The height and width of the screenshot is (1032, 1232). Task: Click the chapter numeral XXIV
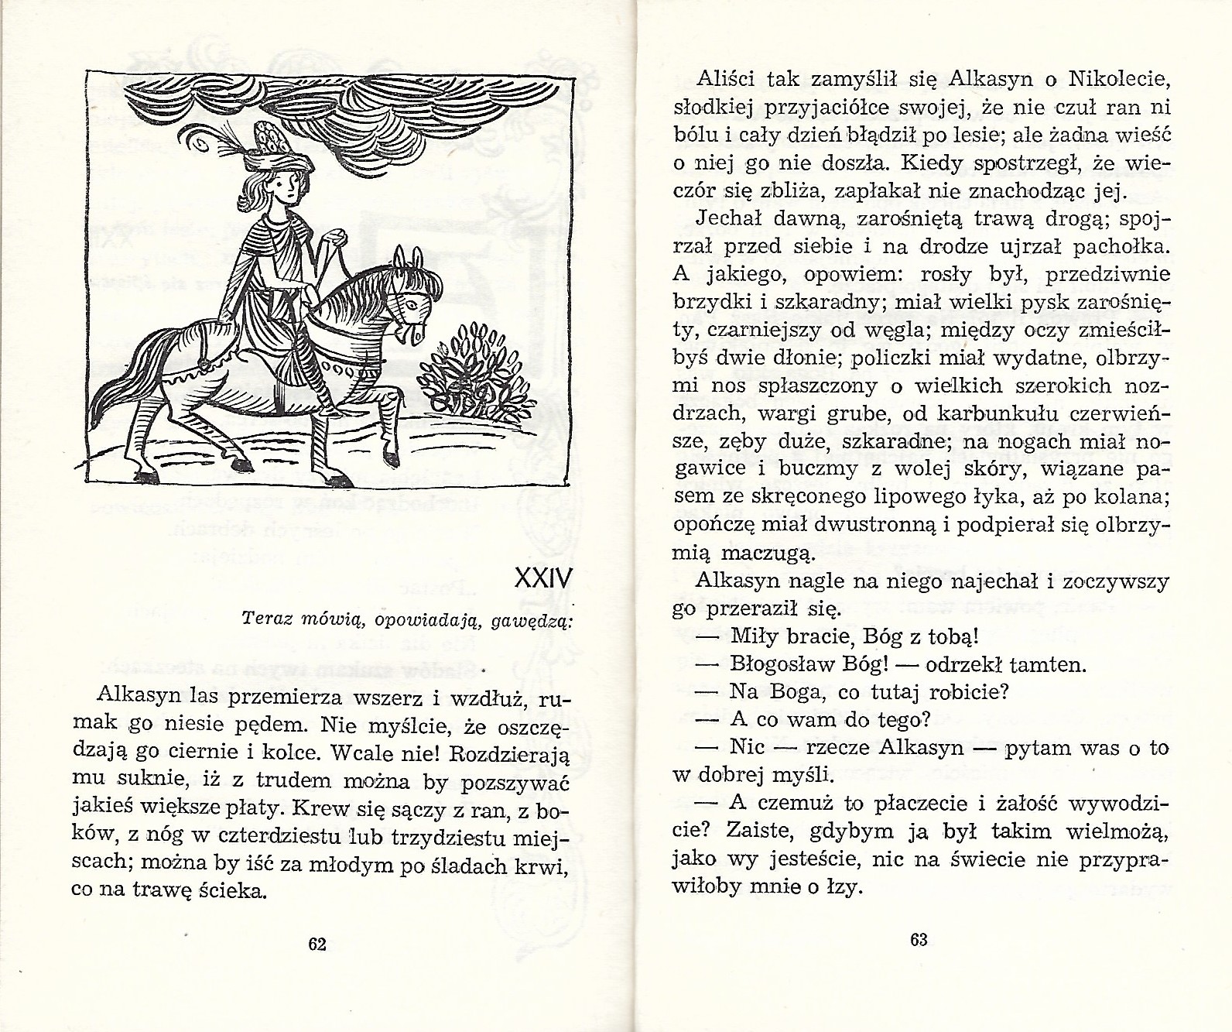point(541,578)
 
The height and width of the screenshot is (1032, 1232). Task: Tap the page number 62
point(317,944)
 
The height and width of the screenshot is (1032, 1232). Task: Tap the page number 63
point(919,940)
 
